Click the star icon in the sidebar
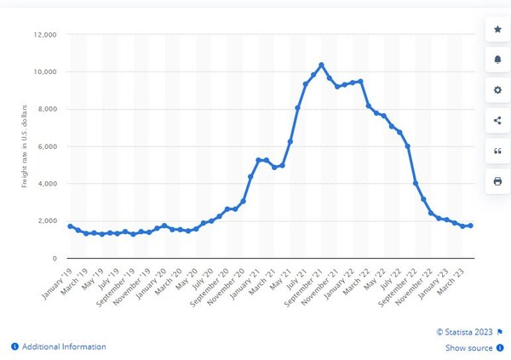pyautogui.click(x=497, y=30)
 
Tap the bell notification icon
pyautogui.click(x=497, y=60)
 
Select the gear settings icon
pyautogui.click(x=497, y=90)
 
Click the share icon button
pyautogui.click(x=497, y=120)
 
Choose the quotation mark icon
pyautogui.click(x=497, y=151)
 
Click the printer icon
pyautogui.click(x=497, y=180)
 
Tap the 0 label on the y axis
pyautogui.click(x=54, y=258)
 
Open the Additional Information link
pyautogui.click(x=64, y=346)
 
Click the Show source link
pyautogui.click(x=468, y=348)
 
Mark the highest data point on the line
pyautogui.click(x=321, y=65)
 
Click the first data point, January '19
pyautogui.click(x=71, y=226)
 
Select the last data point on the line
pyautogui.click(x=469, y=226)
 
